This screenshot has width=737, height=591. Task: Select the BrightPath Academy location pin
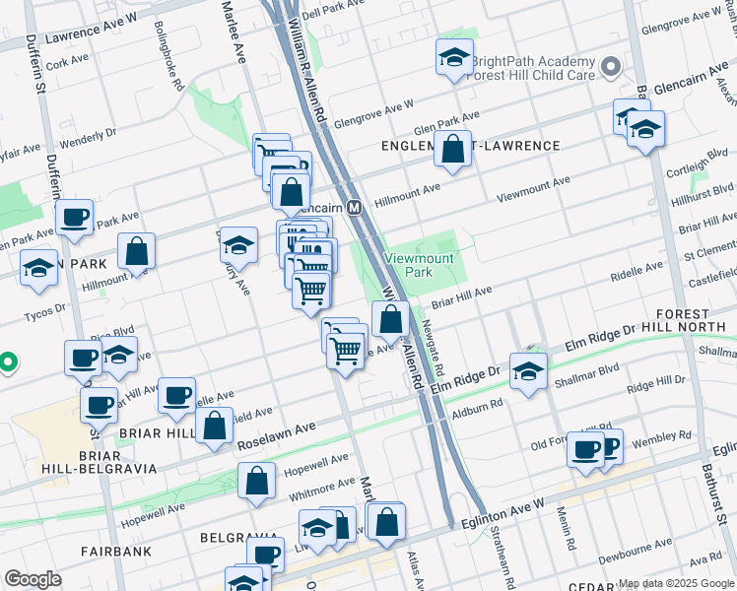pyautogui.click(x=611, y=68)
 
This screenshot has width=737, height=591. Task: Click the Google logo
pyautogui.click(x=33, y=579)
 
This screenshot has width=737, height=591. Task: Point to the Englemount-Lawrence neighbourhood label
pyautogui.click(x=471, y=146)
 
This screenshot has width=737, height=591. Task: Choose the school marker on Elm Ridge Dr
pyautogui.click(x=528, y=371)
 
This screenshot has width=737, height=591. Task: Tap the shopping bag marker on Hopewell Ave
pyautogui.click(x=256, y=482)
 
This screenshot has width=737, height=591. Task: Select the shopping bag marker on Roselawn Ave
pyautogui.click(x=214, y=427)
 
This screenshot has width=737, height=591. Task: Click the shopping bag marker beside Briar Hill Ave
pyautogui.click(x=390, y=319)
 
